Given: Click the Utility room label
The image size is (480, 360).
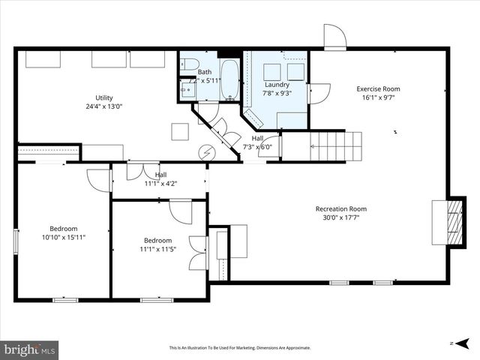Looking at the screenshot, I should pyautogui.click(x=103, y=97).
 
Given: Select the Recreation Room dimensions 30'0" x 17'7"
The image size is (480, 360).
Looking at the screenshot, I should pyautogui.click(x=340, y=218).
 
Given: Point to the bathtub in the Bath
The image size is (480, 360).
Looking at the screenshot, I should pyautogui.click(x=229, y=80).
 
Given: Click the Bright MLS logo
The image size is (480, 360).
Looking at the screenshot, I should pyautogui.click(x=30, y=349).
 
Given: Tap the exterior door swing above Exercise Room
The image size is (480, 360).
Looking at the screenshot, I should pyautogui.click(x=334, y=36).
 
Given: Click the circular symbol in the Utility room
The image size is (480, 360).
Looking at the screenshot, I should pyautogui.click(x=207, y=151).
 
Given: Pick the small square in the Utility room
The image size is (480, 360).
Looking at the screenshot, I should pyautogui.click(x=181, y=131).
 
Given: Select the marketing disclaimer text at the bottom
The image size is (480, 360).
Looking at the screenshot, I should pyautogui.click(x=239, y=348).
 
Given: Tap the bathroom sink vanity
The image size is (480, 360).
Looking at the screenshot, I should pyautogui.click(x=188, y=90).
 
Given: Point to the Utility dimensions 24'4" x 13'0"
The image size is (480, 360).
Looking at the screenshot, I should pyautogui.click(x=103, y=106).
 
